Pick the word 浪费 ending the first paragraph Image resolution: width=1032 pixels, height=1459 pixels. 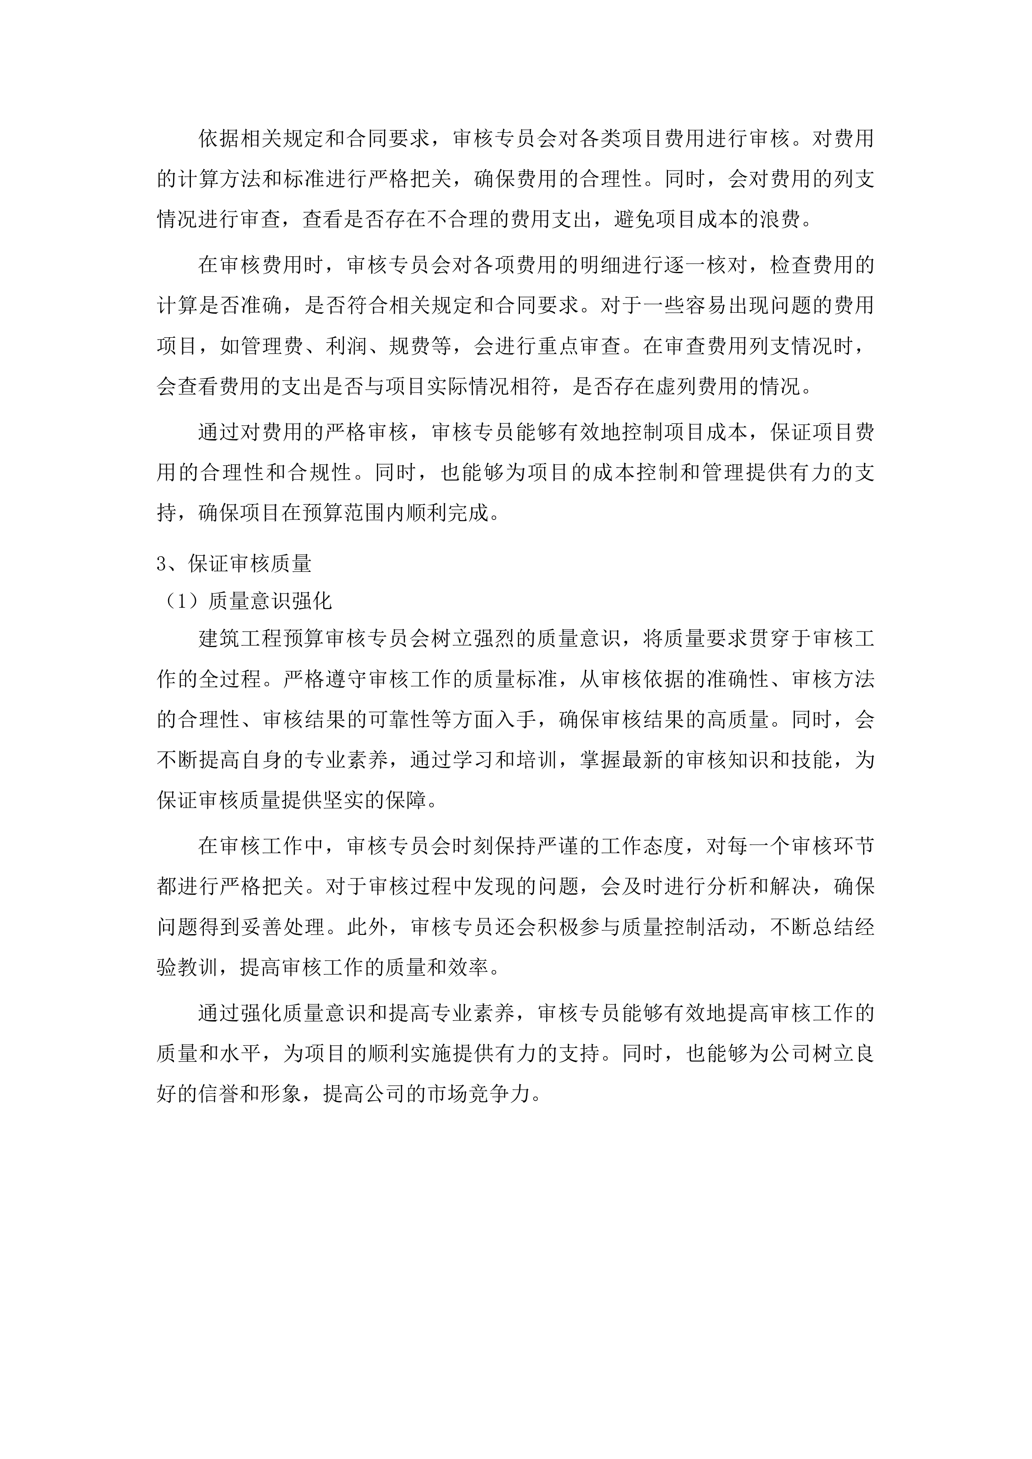(x=782, y=220)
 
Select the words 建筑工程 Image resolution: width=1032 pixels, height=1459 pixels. (x=240, y=639)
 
